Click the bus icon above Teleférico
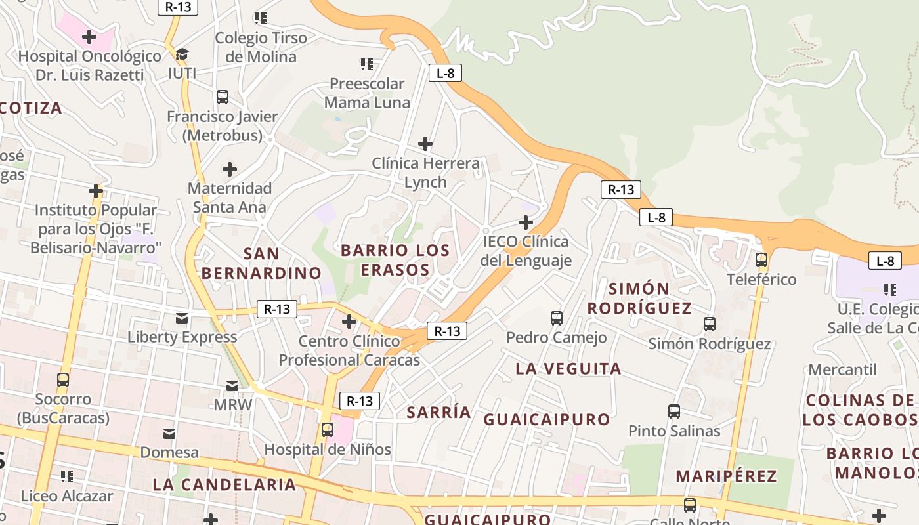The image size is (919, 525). tap(761, 260)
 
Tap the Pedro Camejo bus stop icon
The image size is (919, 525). tap(557, 318)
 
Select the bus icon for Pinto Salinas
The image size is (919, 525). tap(674, 411)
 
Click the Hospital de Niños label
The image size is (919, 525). tap(328, 450)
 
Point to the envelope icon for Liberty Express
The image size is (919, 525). tap(182, 318)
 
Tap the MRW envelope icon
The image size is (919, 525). tap(232, 386)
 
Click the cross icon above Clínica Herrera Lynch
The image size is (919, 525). tap(425, 143)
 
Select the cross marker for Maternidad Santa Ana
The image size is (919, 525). tap(229, 169)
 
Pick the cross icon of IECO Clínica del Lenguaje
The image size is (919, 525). tap(526, 222)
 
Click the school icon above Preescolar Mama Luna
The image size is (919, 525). tap(367, 64)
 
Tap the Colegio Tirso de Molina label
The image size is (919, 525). tap(261, 47)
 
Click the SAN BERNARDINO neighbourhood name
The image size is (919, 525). tap(261, 263)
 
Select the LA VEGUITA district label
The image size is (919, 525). tap(568, 369)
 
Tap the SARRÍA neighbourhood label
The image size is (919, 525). tap(438, 412)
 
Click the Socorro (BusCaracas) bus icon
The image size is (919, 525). tap(63, 380)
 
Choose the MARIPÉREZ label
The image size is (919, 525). tap(726, 476)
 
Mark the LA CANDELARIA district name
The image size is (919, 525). tap(224, 485)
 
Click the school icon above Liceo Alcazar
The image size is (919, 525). tap(66, 476)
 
